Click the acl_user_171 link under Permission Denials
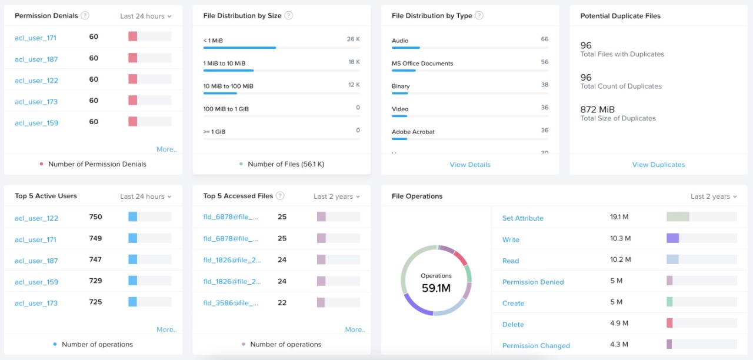click(x=35, y=38)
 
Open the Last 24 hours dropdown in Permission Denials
click(x=146, y=16)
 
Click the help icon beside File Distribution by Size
click(x=288, y=16)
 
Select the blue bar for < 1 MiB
click(x=239, y=48)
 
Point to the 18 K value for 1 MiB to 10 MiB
click(x=354, y=62)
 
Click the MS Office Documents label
click(x=422, y=64)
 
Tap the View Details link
click(x=469, y=165)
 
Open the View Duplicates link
click(x=658, y=165)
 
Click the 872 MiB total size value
click(x=597, y=109)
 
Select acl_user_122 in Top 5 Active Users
click(x=36, y=218)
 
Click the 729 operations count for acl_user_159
click(x=95, y=281)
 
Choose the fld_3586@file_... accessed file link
click(x=231, y=304)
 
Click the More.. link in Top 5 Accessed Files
click(x=355, y=329)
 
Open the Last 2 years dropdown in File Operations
click(x=713, y=196)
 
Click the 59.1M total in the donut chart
click(x=436, y=288)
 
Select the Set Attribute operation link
click(x=522, y=218)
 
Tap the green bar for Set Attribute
click(x=678, y=217)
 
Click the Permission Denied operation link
click(x=532, y=282)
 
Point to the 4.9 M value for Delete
click(x=619, y=323)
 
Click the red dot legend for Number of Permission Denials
click(x=41, y=164)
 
